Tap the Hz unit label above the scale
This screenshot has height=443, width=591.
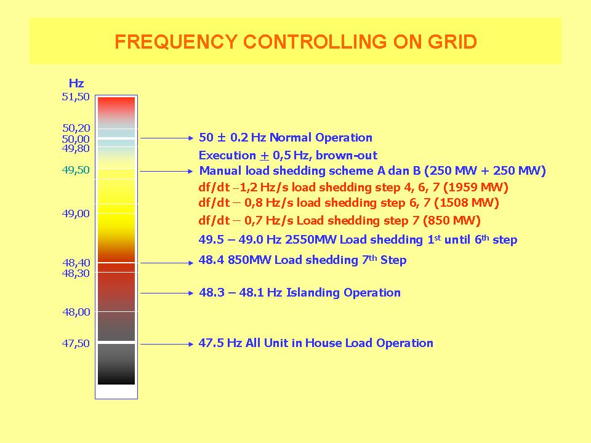point(76,83)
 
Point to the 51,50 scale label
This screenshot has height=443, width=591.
point(76,97)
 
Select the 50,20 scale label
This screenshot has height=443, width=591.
point(76,128)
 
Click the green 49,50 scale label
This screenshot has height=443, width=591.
point(76,170)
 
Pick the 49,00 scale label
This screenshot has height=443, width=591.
point(76,214)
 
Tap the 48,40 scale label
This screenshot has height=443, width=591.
point(76,263)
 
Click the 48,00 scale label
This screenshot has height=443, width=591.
point(76,312)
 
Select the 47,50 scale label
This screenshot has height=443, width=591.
point(76,343)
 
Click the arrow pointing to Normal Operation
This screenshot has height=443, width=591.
point(167,138)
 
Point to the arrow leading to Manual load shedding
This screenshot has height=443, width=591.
point(167,172)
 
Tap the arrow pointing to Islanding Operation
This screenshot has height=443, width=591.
point(167,293)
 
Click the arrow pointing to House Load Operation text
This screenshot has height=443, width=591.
point(167,344)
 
